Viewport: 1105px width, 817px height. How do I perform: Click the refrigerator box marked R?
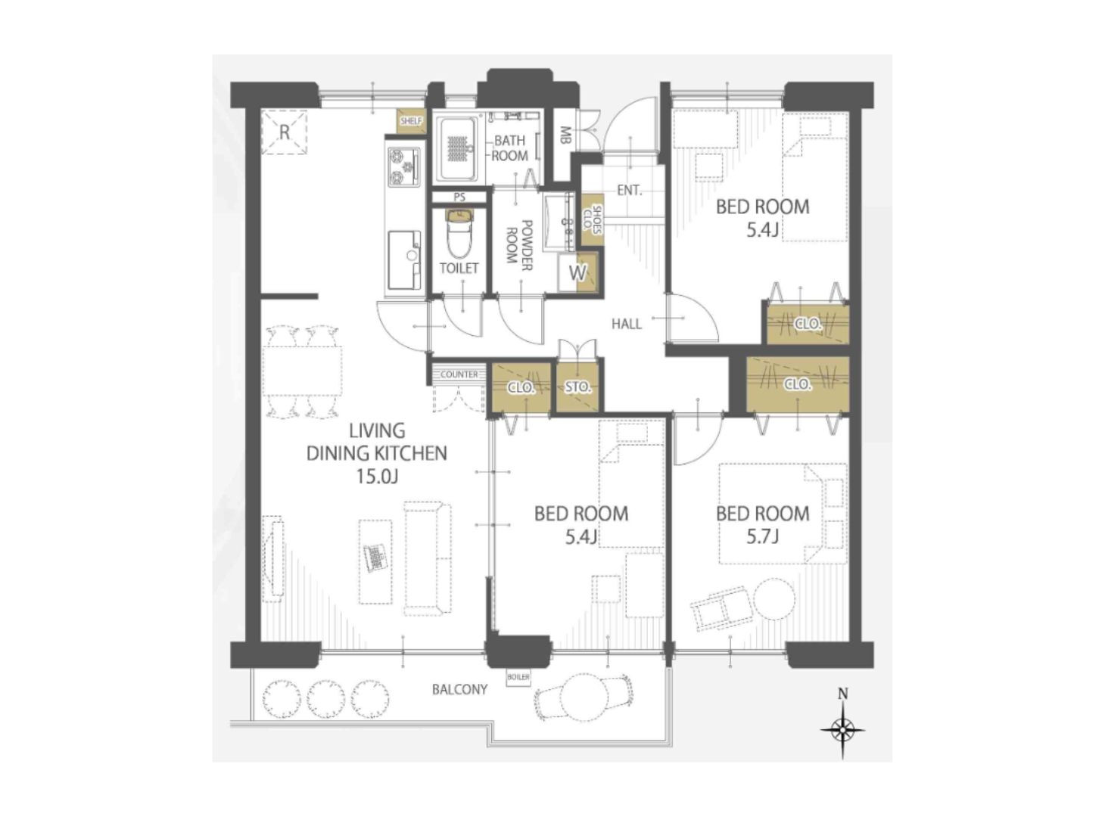(x=284, y=132)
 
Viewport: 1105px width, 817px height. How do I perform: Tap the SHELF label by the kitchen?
(x=410, y=121)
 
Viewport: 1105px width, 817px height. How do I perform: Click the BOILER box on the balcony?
(x=518, y=678)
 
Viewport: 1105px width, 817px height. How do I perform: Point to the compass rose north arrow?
(x=842, y=729)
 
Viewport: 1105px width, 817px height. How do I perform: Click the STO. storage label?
(x=577, y=387)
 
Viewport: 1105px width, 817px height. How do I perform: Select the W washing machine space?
(x=577, y=272)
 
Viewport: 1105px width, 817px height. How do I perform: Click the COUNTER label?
(x=459, y=374)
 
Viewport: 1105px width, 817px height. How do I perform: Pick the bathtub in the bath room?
(x=457, y=148)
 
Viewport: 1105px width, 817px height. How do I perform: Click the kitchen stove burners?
(x=404, y=167)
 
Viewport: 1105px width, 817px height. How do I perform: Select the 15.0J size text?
(x=377, y=477)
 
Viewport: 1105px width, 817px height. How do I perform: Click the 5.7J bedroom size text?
(x=762, y=536)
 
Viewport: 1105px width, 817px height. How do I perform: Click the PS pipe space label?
(x=459, y=197)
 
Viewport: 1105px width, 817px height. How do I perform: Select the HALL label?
(x=626, y=324)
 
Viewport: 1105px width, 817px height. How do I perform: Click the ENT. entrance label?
(x=629, y=190)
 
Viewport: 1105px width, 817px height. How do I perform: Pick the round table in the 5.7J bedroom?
(x=774, y=598)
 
